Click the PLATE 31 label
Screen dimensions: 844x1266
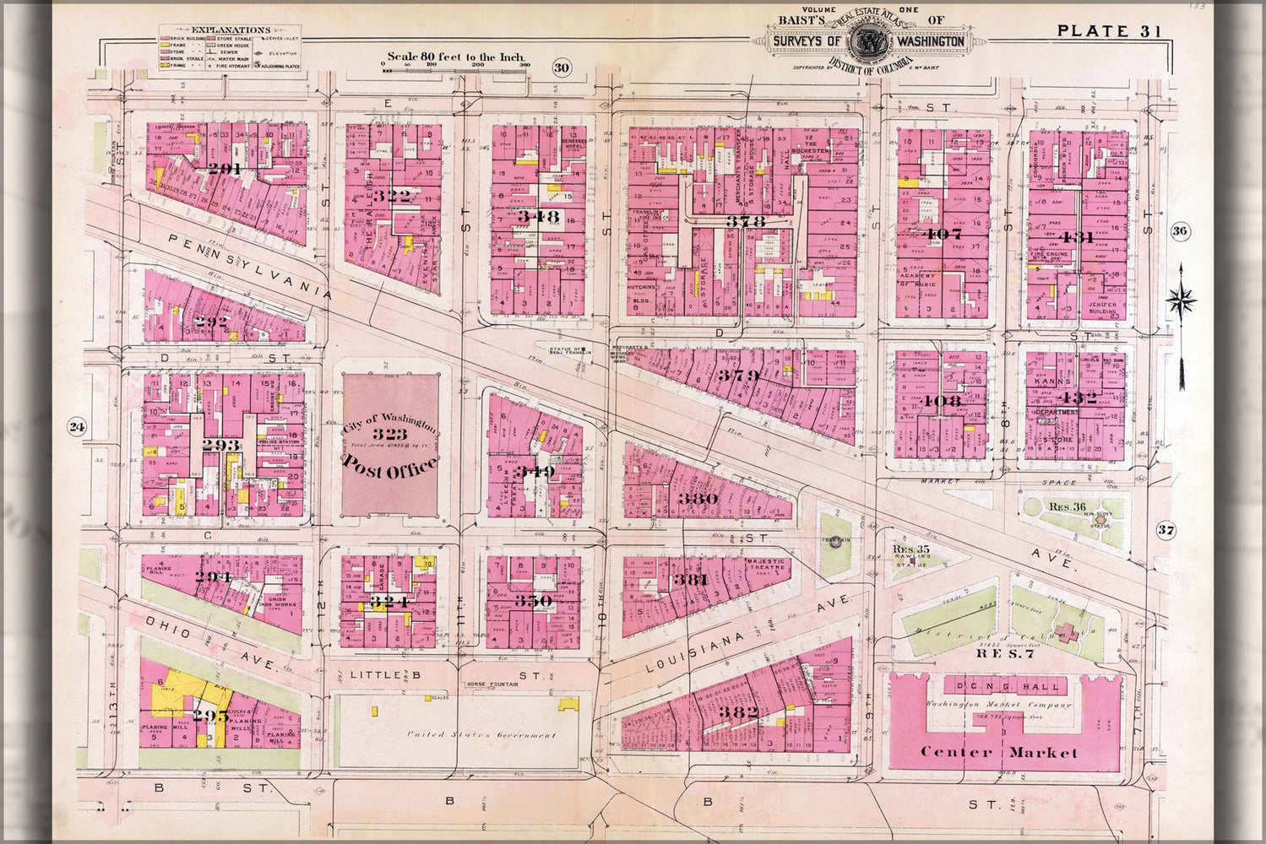pos(1108,31)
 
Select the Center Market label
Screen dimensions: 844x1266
pos(998,752)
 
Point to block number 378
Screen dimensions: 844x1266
pos(745,221)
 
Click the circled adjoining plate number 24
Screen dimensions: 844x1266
pos(78,427)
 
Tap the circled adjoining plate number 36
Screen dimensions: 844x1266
pos(1180,231)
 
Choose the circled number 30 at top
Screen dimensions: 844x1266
pos(562,68)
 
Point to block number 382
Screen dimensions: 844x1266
pos(739,711)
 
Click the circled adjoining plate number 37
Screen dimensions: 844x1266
pos(1166,530)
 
